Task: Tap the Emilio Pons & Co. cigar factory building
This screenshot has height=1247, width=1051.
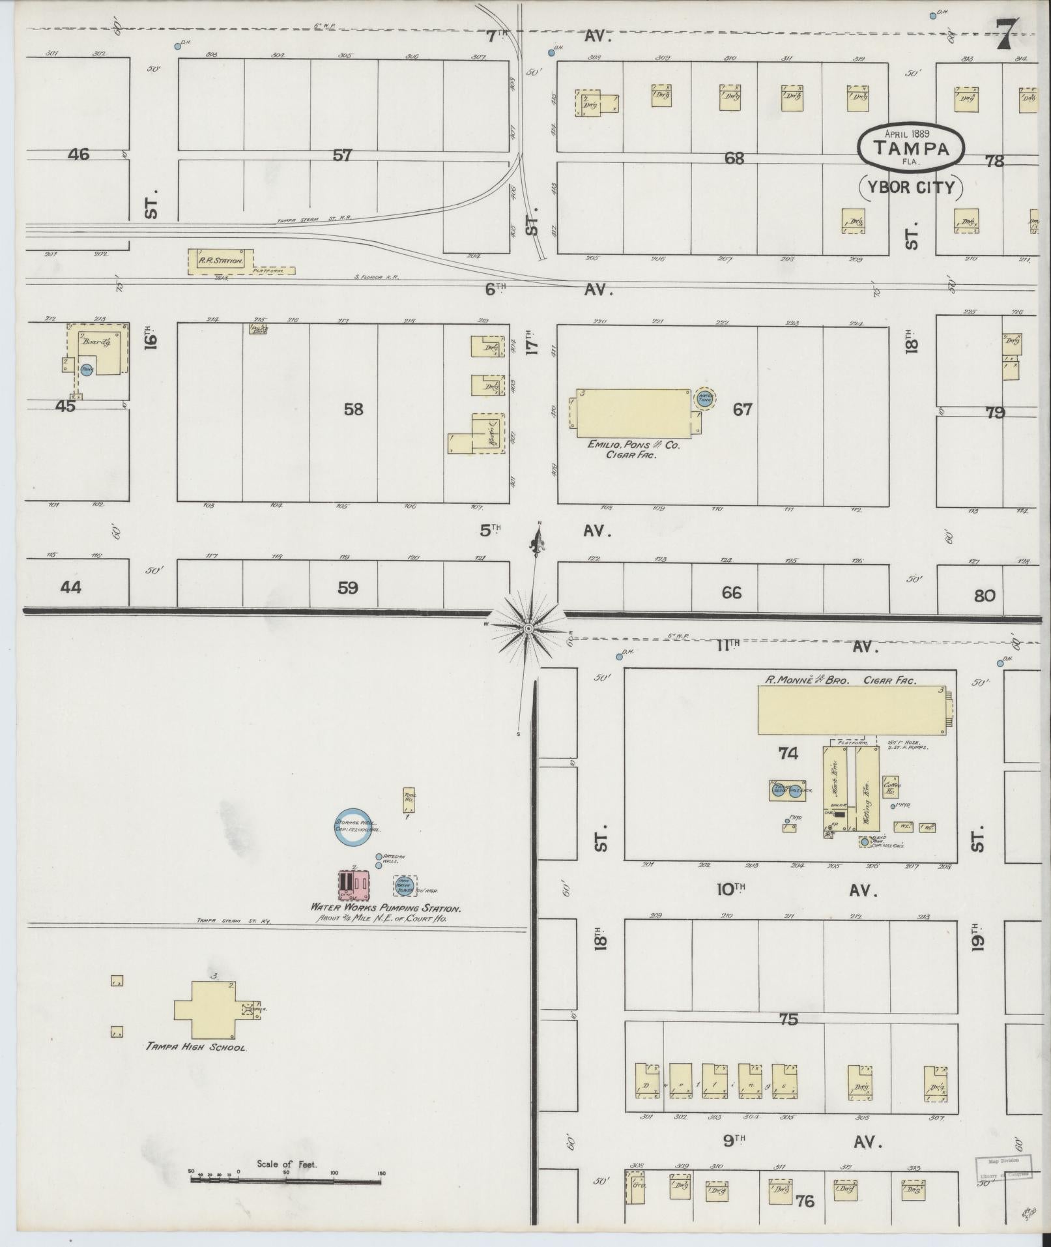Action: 631,413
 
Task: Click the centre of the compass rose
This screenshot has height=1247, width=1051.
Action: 528,628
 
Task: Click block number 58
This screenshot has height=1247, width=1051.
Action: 353,409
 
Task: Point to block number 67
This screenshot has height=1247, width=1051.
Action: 742,409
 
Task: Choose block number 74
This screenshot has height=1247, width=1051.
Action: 788,754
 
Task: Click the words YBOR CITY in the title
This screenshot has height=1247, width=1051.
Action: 911,188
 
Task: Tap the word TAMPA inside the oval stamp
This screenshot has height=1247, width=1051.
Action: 910,149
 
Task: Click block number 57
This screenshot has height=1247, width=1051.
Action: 342,155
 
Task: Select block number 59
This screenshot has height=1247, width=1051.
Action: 347,588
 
